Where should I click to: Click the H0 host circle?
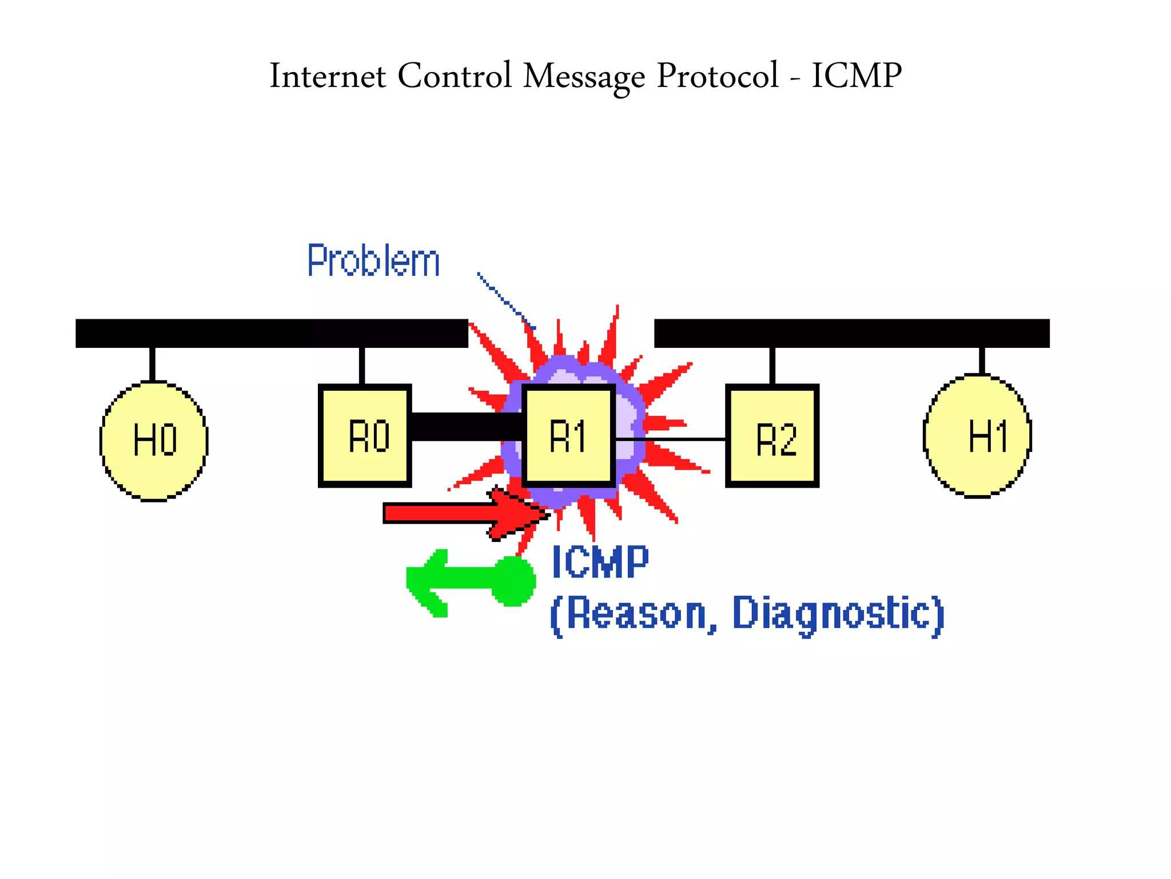[x=154, y=441]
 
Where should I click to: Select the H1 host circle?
[x=977, y=436]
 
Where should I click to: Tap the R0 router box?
[x=365, y=436]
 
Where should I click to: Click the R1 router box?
[x=568, y=436]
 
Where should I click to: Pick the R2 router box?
[x=772, y=436]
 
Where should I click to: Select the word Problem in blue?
[x=373, y=261]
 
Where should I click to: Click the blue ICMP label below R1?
[x=600, y=562]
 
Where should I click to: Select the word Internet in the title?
[x=327, y=76]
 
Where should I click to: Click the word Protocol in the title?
[x=717, y=76]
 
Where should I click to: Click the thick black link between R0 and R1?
[x=466, y=426]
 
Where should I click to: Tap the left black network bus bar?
[x=272, y=333]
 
